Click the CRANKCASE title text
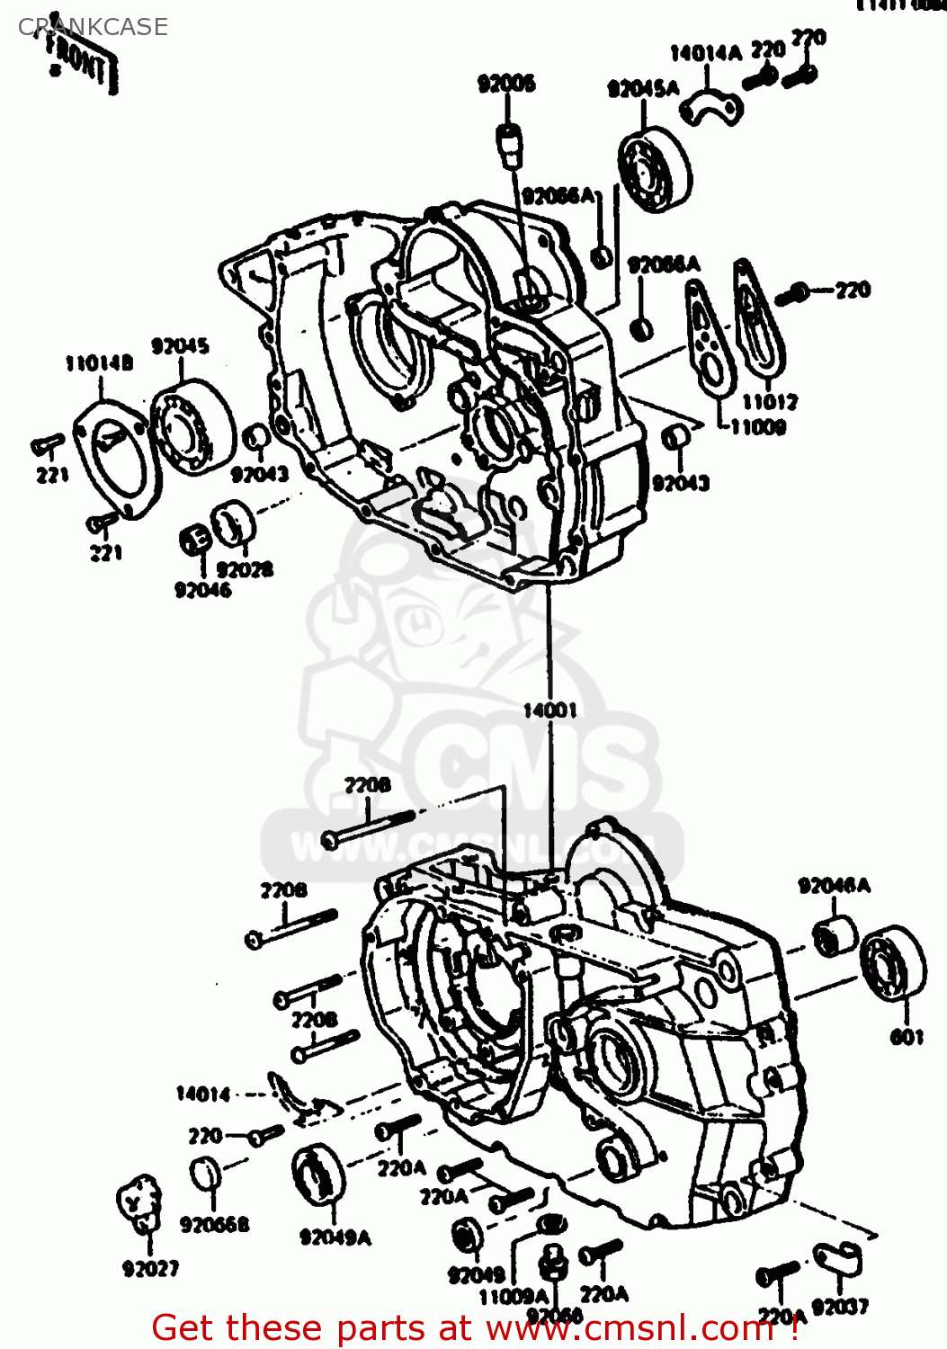(x=93, y=27)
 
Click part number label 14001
(x=549, y=710)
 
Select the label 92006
(x=506, y=85)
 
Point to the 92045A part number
(x=643, y=88)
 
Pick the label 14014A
(x=706, y=53)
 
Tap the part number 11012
(x=770, y=402)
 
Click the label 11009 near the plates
(x=757, y=427)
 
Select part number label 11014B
(x=99, y=363)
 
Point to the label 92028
(x=245, y=570)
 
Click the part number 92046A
(x=834, y=886)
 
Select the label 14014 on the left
(x=203, y=1094)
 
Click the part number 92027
(x=150, y=1269)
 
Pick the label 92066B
(x=215, y=1225)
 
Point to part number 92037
(x=840, y=1307)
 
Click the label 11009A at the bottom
(x=513, y=1297)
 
